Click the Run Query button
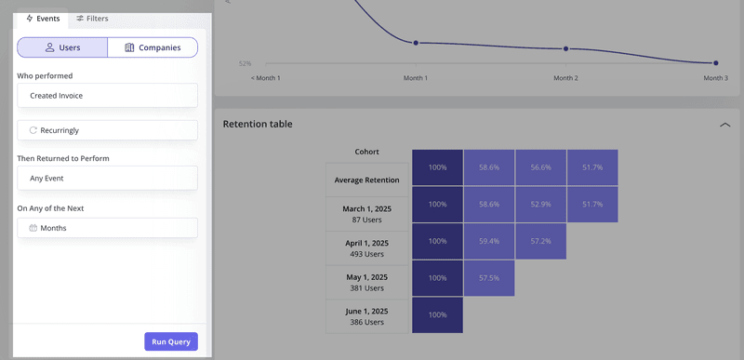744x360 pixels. [x=171, y=341]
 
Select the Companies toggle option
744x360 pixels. [x=153, y=47]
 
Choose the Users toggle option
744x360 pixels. [x=62, y=47]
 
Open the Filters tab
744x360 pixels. [x=92, y=18]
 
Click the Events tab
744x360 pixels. [x=43, y=18]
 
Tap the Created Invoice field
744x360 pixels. [x=107, y=95]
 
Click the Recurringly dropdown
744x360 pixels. [x=107, y=130]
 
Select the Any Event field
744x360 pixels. [x=107, y=178]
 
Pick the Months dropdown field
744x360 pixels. [x=107, y=228]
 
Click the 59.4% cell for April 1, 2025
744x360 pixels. [x=488, y=241]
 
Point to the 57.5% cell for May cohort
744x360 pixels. [x=488, y=278]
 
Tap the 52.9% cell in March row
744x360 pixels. [x=540, y=204]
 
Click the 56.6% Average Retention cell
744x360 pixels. [x=540, y=167]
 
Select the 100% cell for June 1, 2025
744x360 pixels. [x=437, y=314]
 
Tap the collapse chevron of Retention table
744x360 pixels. [x=724, y=124]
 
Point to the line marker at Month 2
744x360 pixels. [x=565, y=48]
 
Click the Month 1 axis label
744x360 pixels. [x=416, y=78]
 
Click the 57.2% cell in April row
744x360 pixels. [x=540, y=241]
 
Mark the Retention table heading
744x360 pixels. [x=258, y=124]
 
